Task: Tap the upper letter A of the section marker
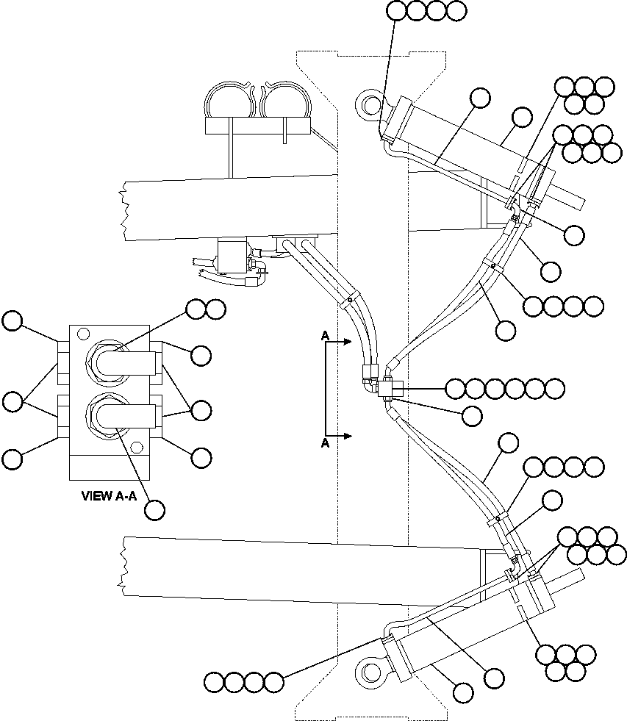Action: [324, 335]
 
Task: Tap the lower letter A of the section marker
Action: [324, 443]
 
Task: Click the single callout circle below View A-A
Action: [154, 509]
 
